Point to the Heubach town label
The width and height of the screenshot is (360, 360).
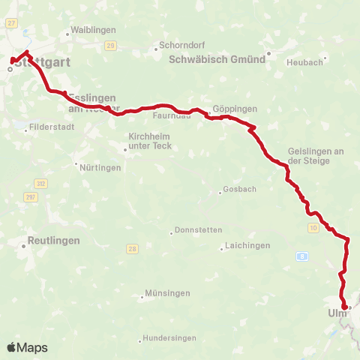tap(304, 61)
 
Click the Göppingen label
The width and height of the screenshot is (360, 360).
tap(235, 109)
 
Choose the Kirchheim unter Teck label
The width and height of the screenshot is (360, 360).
tap(151, 141)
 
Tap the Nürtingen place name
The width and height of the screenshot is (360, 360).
tap(100, 167)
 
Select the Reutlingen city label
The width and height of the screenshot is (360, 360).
tap(49, 241)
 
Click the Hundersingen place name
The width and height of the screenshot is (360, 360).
tap(168, 338)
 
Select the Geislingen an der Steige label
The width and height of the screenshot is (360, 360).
tap(315, 156)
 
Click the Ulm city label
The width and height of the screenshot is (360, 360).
tap(337, 313)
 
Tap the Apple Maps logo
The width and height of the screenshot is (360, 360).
tap(27, 347)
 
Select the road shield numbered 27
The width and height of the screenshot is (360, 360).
tap(10, 23)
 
